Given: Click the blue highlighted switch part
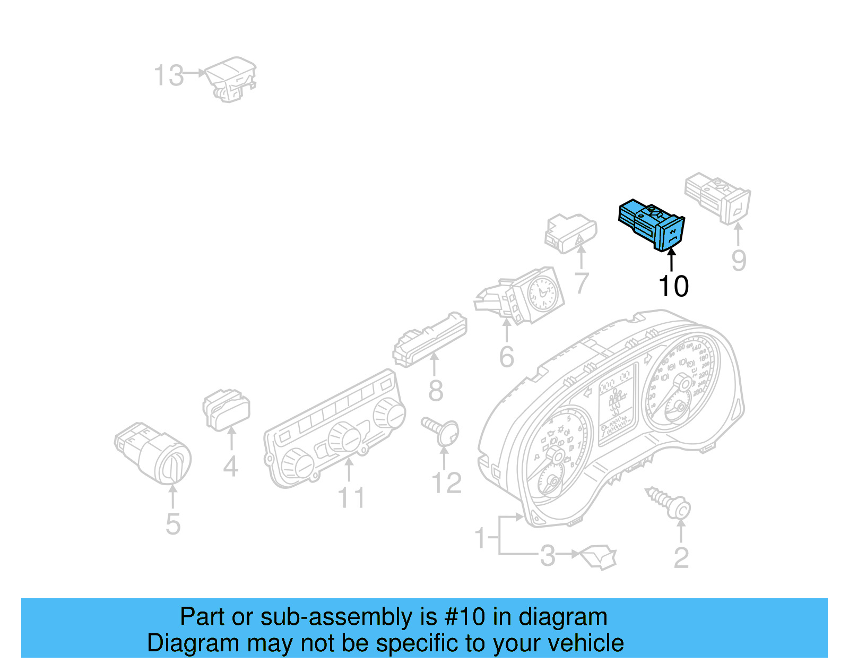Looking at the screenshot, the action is click(652, 225).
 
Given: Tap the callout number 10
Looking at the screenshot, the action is click(673, 286).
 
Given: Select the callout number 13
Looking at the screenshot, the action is click(169, 75).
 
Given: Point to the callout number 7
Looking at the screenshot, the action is click(582, 282).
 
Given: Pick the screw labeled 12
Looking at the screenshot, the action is click(443, 430).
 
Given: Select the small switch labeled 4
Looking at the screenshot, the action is click(227, 410).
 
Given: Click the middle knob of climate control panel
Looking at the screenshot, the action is click(344, 438).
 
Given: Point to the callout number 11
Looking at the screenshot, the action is click(351, 497).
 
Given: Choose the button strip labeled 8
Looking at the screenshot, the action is click(430, 339).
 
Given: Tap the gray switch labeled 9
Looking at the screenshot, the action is click(718, 196).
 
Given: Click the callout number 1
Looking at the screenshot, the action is click(480, 538).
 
